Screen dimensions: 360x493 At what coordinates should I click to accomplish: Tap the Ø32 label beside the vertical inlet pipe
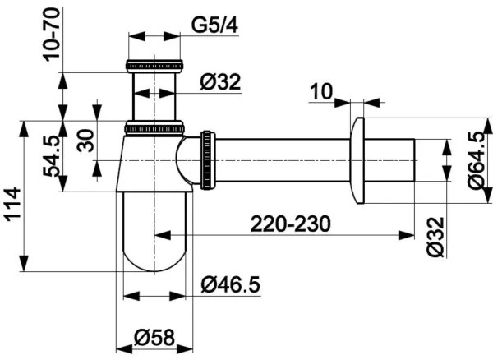tap(220, 81)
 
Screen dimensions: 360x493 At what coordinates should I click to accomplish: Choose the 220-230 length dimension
tap(291, 223)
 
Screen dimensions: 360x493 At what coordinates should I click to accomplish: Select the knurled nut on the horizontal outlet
tap(206, 157)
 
